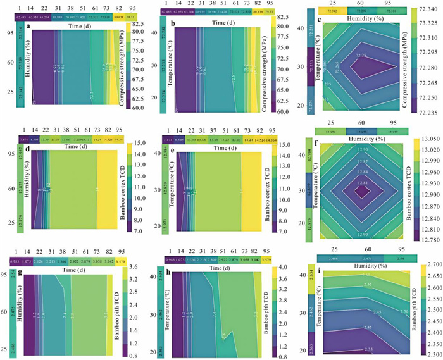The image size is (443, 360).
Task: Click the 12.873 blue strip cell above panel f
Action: tap(363, 131)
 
